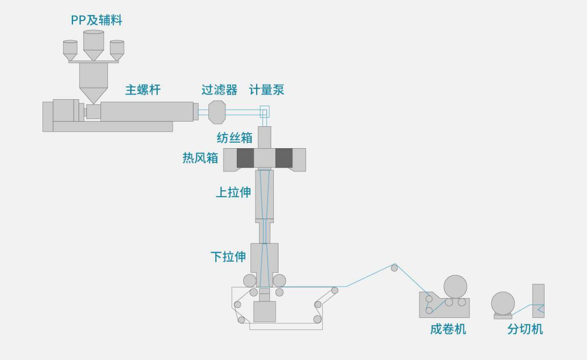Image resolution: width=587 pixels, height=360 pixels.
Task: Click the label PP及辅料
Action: coord(96,20)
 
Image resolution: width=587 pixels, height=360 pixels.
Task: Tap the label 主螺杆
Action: coord(143,90)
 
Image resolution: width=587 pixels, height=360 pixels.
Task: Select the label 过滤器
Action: coord(219,90)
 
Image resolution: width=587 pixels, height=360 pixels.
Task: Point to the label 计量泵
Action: coord(267,90)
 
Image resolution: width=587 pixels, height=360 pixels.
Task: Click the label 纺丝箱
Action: coord(235,137)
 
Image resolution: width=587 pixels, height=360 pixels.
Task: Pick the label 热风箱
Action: coord(200,158)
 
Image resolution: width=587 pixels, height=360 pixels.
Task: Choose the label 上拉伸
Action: coord(233,192)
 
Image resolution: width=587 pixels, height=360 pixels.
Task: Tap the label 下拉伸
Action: coord(228,257)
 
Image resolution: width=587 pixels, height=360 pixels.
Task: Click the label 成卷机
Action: coord(448,329)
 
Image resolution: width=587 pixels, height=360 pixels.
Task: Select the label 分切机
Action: coord(525,329)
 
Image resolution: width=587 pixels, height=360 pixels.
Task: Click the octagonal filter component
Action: coord(217,112)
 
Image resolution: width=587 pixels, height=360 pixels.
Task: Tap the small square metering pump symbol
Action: coord(265,111)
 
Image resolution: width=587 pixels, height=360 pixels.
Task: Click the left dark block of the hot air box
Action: coord(245,158)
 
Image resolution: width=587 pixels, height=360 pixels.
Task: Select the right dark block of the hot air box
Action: coord(284,158)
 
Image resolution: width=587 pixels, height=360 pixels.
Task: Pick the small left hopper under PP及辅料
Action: coord(70,49)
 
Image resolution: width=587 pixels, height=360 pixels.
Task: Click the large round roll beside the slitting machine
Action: coord(503,303)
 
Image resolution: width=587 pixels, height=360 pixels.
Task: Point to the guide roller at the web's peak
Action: coord(395,268)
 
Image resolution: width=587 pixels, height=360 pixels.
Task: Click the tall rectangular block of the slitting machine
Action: coord(539,301)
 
